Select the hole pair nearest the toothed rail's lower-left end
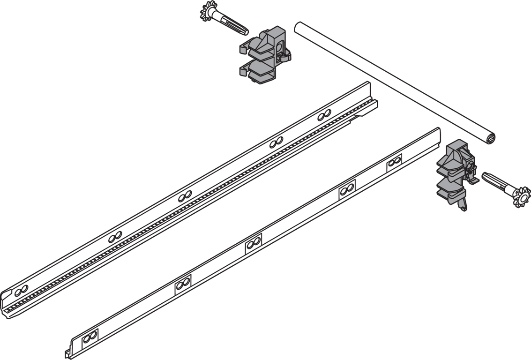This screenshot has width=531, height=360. (17, 292)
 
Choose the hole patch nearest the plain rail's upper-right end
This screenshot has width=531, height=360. (394, 161)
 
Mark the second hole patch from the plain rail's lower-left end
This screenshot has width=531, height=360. (183, 283)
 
